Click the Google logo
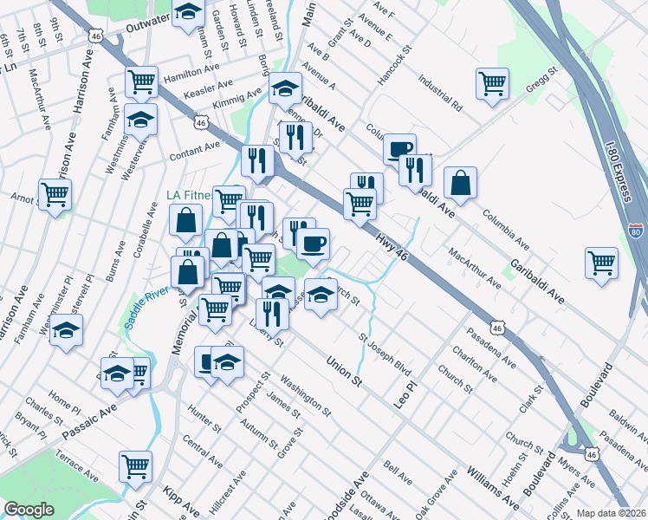tap(29, 510)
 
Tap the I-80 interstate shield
tap(636, 233)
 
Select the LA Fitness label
tap(190, 196)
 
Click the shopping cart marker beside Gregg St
tap(492, 83)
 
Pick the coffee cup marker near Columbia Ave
tap(399, 149)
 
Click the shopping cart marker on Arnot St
tap(55, 194)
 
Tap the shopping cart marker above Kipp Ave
tap(135, 466)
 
